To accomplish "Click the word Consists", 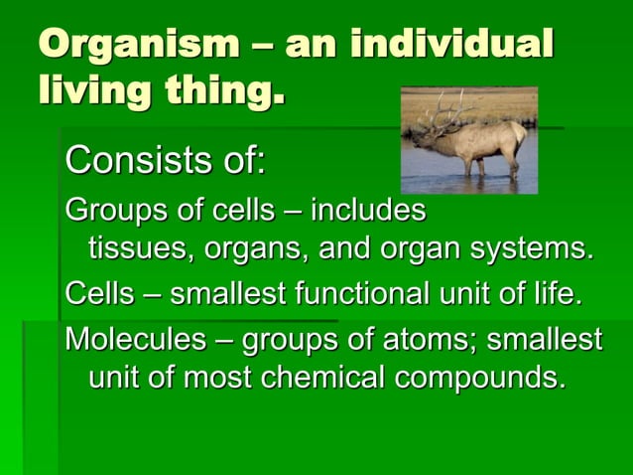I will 129,158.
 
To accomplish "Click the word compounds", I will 479,379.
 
